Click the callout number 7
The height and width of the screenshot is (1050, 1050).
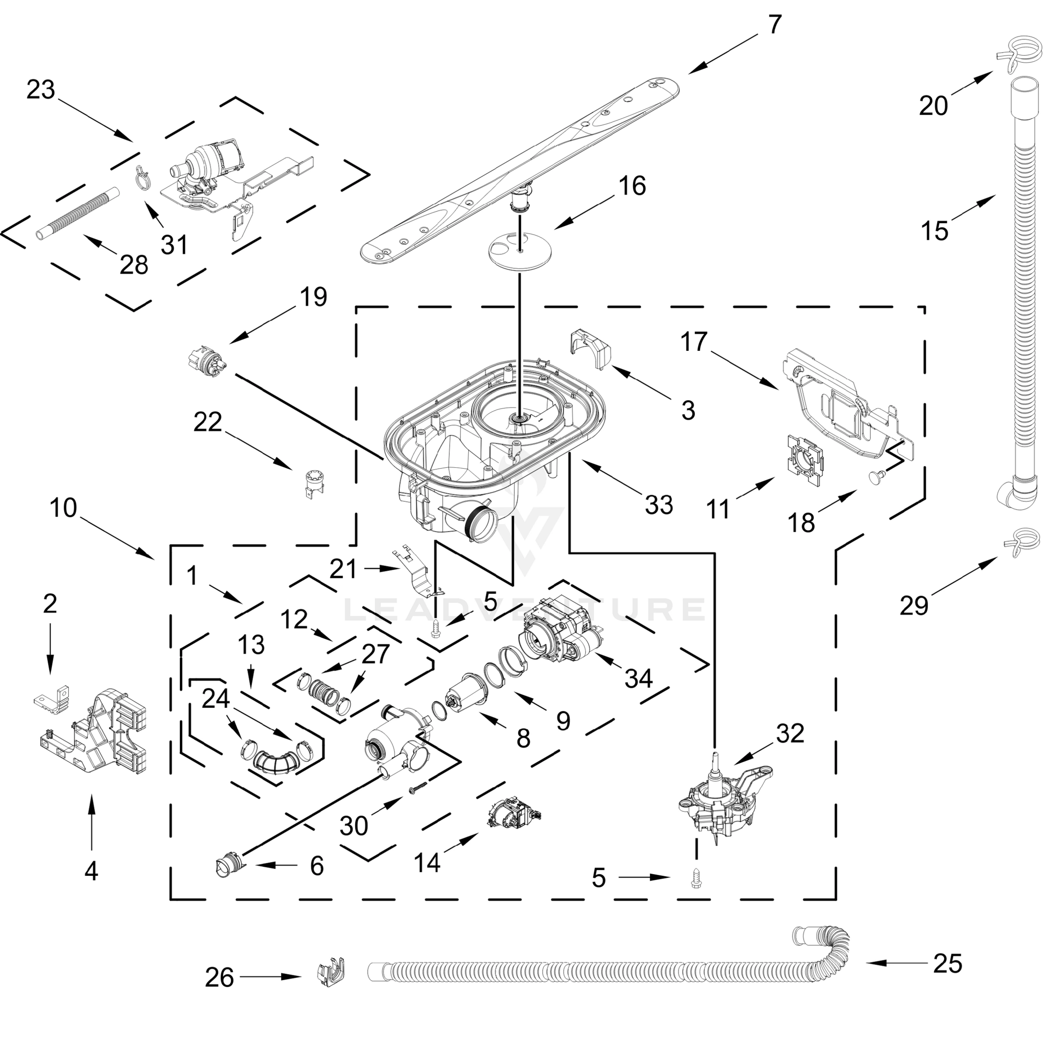point(775,24)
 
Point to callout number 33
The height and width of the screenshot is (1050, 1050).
point(659,504)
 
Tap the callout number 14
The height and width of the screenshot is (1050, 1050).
point(427,862)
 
